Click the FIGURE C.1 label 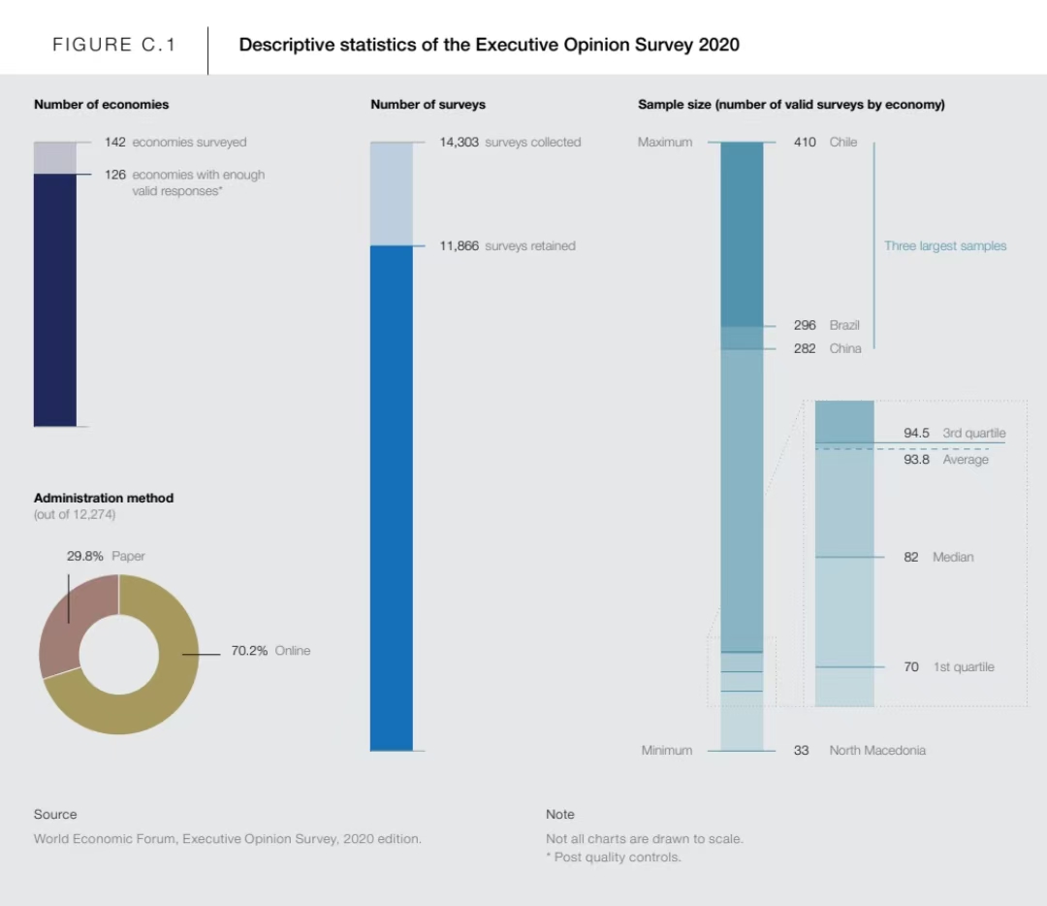pos(114,45)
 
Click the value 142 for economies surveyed pos(115,143)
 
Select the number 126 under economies pos(115,175)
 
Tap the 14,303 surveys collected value pos(460,143)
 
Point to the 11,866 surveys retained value pos(460,246)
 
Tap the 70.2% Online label pos(270,651)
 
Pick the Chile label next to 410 pos(843,143)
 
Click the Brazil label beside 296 pos(844,326)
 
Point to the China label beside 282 pos(845,349)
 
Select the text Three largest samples pos(945,246)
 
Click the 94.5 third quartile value pos(917,434)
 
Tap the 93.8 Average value pos(917,460)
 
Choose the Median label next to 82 pos(953,558)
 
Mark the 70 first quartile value pos(911,667)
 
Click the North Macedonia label pos(877,751)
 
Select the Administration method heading pos(104,498)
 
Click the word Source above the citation pos(55,815)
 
